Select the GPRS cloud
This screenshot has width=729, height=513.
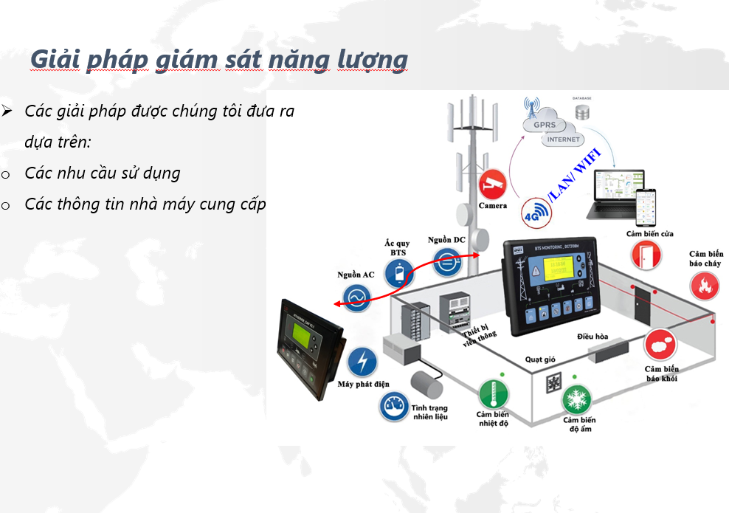[x=540, y=123]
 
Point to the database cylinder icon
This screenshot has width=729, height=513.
[x=583, y=113]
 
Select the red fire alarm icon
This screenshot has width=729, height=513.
[x=705, y=286]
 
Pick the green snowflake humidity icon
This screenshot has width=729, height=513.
[x=576, y=400]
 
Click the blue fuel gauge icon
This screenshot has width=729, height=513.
[x=395, y=406]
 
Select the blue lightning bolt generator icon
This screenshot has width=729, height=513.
[x=362, y=362]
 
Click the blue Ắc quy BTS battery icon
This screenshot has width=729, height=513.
[x=399, y=275]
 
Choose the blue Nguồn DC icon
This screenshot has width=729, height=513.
[x=447, y=261]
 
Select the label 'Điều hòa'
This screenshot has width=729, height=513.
[x=592, y=337]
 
